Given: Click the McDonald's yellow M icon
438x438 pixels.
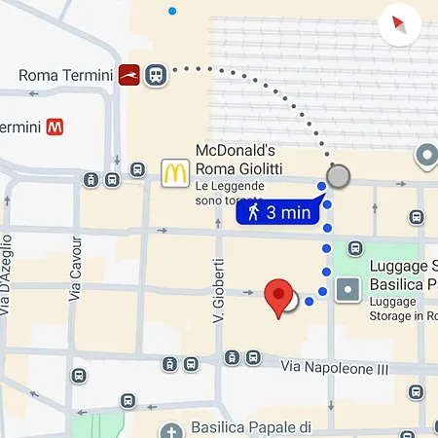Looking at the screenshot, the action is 174,173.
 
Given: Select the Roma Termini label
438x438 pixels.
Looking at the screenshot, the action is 64,75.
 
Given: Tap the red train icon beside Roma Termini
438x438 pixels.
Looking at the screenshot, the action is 129,75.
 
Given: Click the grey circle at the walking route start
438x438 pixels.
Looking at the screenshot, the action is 338,176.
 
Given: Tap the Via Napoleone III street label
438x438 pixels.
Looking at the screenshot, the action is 334,368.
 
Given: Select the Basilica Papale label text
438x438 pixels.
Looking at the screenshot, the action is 251,427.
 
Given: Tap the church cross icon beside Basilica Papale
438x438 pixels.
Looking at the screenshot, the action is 171,431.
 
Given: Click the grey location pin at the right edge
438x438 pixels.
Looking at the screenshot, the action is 426,154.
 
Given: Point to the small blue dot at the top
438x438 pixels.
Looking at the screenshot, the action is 172,12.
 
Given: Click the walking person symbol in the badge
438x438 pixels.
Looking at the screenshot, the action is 254,211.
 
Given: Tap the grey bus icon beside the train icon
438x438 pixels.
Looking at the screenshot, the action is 155,75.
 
